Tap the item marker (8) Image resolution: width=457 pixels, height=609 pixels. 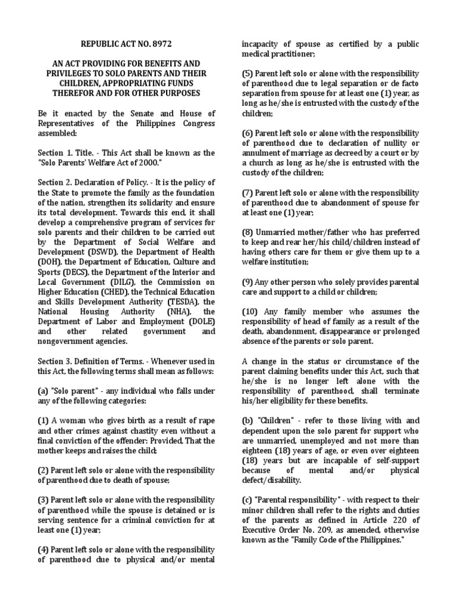click(249, 232)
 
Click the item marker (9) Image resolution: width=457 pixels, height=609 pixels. click(249, 282)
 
